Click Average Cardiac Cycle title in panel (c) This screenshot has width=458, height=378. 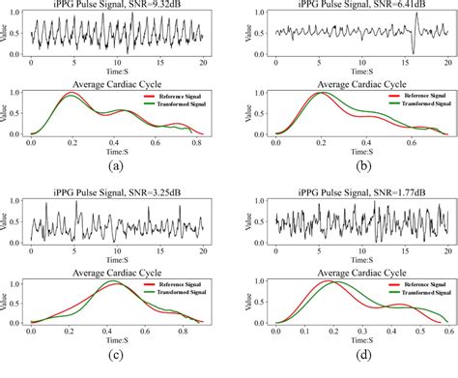point(117,274)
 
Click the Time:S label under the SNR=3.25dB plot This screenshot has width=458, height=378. point(117,263)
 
